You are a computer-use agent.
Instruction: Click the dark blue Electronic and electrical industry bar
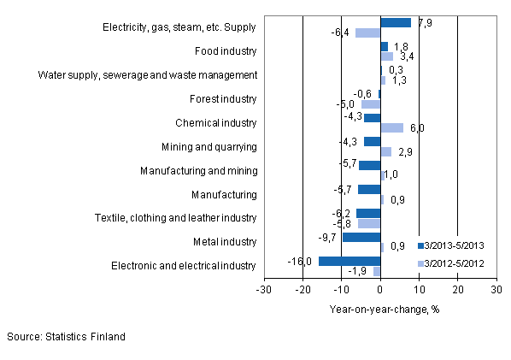(x=349, y=261)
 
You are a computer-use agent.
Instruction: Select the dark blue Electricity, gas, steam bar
(x=396, y=23)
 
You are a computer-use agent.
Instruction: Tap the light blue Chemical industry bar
(x=392, y=128)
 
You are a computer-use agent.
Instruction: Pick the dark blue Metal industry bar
(x=361, y=237)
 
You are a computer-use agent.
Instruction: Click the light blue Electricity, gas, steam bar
(x=367, y=33)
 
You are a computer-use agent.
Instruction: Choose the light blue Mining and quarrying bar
(x=386, y=151)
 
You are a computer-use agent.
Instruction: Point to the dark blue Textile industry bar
(x=368, y=213)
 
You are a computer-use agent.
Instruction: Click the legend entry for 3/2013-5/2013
(x=453, y=246)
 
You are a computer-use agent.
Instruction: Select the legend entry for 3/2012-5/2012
(x=453, y=263)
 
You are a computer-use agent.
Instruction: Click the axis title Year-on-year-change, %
(x=384, y=309)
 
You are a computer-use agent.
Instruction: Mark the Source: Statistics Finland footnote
(x=66, y=337)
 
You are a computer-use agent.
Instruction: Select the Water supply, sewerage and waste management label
(x=148, y=75)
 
